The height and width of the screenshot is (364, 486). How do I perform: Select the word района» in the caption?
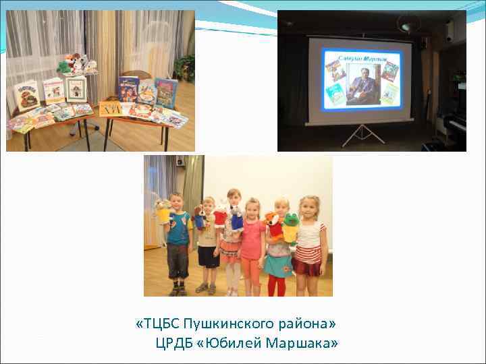pyautogui.click(x=307, y=325)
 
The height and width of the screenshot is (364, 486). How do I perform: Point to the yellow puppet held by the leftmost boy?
pyautogui.click(x=163, y=212)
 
